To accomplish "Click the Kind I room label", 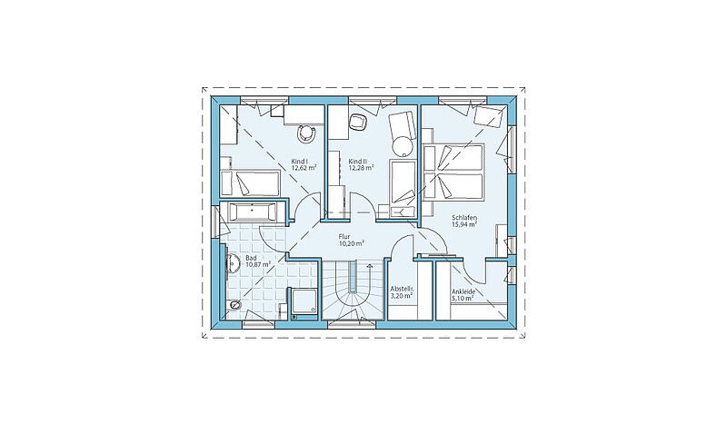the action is [x=300, y=162].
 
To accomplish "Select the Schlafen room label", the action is [x=464, y=217].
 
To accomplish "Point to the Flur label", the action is [x=344, y=236].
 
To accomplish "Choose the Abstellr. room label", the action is [x=402, y=288].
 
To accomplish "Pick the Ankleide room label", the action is [x=463, y=292].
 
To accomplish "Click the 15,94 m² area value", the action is [x=465, y=224].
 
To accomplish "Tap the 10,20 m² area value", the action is [x=352, y=242].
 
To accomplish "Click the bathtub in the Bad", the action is [x=253, y=212].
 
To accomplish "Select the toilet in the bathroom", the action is [x=235, y=304].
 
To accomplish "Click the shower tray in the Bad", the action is [x=304, y=302].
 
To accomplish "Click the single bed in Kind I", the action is [x=250, y=182].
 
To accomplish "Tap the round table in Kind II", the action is [x=402, y=146].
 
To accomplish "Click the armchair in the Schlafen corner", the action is [x=488, y=116].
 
